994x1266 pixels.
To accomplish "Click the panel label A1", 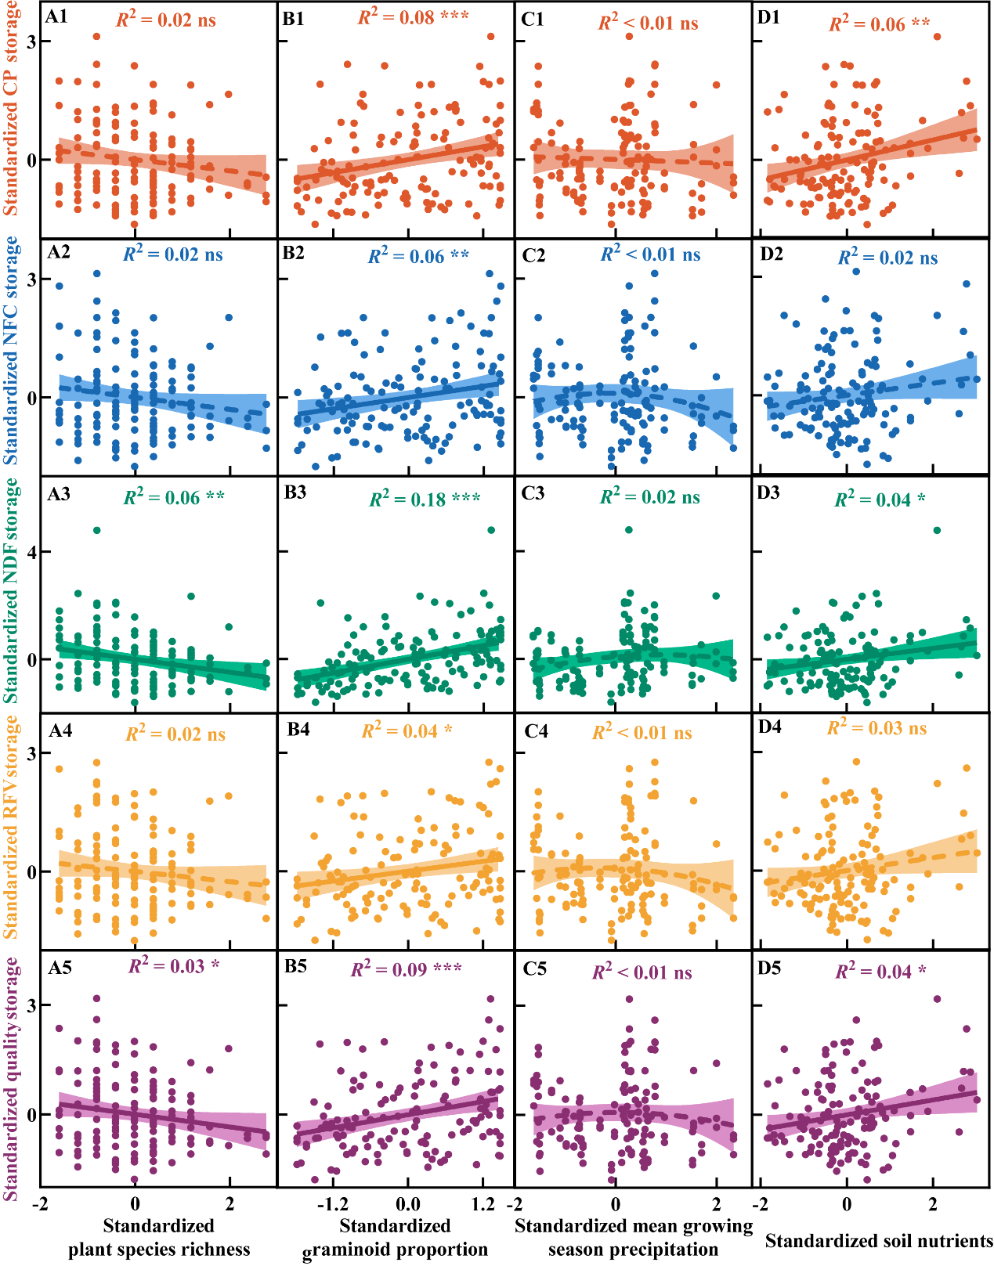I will [57, 16].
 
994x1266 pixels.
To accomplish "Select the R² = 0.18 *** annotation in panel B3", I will [425, 499].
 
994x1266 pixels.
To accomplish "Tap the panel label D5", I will [769, 968].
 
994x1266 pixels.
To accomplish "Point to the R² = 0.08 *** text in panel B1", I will [413, 17].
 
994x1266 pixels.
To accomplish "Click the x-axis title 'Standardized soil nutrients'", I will [879, 1241].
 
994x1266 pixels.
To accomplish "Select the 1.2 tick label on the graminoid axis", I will [483, 1203].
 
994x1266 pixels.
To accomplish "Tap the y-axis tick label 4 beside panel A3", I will [33, 552].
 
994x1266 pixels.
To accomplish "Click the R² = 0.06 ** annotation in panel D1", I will [880, 23].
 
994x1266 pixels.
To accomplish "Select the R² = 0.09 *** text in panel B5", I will [406, 969].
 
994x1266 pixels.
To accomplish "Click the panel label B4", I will [298, 730].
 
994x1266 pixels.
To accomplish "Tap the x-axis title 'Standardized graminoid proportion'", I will [395, 1238].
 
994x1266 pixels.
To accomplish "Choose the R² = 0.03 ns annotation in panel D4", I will [877, 728].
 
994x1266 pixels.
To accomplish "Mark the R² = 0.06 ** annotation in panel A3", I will [174, 497].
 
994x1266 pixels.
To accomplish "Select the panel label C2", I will [533, 255].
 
